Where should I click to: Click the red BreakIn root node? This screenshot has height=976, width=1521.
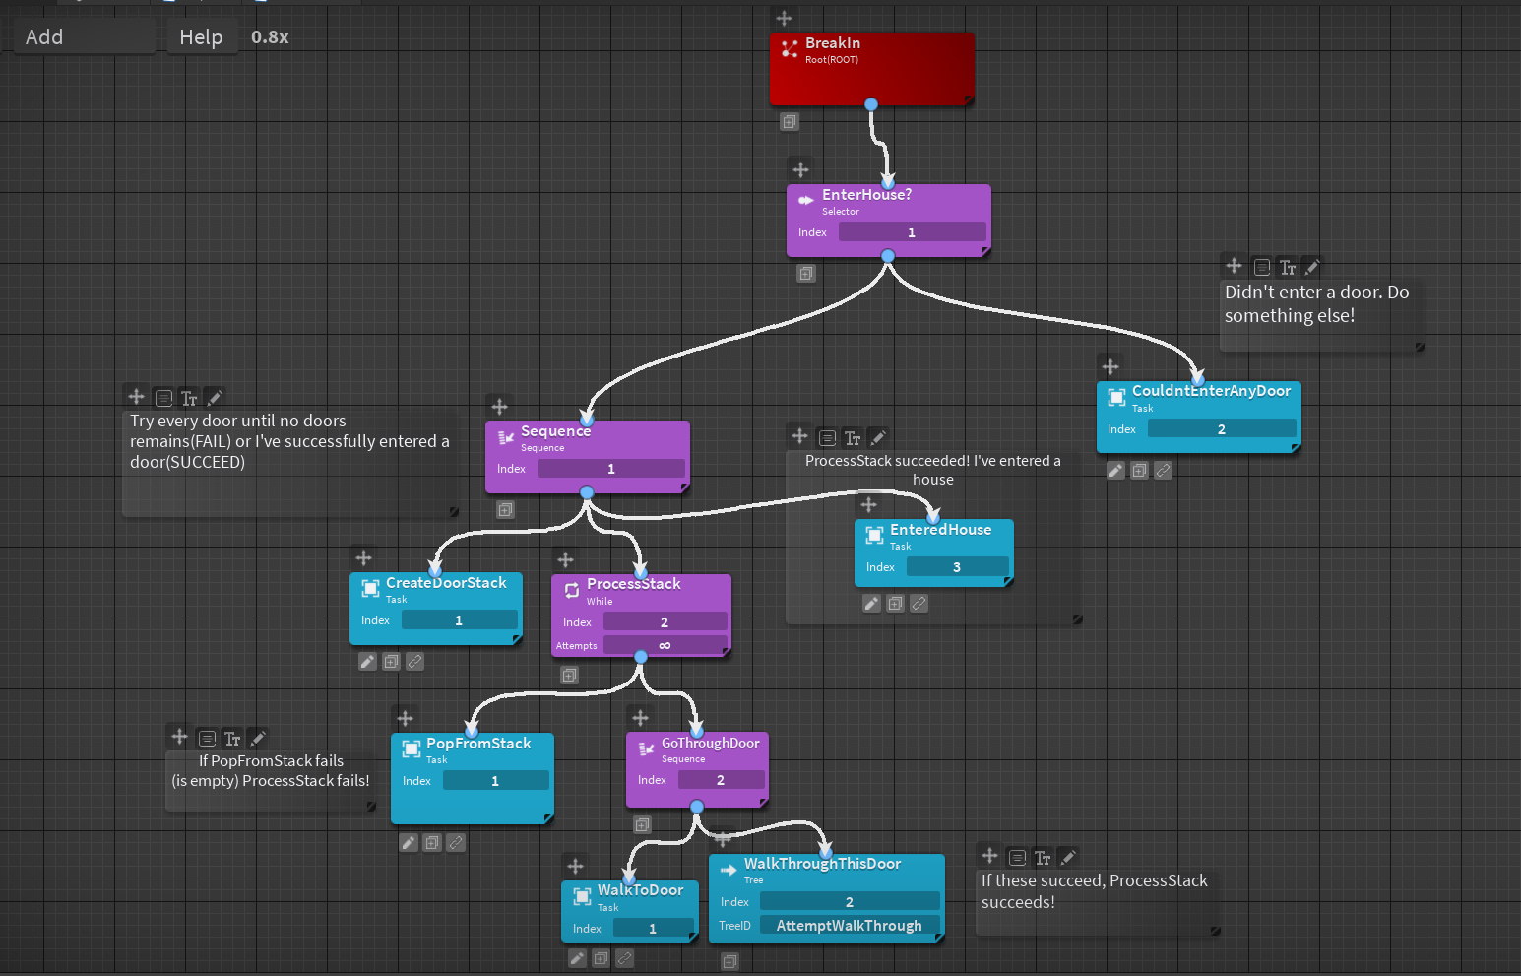tap(871, 69)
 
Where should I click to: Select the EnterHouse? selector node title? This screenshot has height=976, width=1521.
tap(866, 195)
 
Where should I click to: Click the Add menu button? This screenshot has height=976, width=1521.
tap(44, 37)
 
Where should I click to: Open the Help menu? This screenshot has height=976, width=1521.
tap(201, 37)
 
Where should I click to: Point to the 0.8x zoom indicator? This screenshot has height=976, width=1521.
tap(270, 37)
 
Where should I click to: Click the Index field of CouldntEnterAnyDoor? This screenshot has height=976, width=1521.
tap(1221, 429)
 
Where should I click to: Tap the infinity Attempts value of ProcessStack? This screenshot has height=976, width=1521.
tap(665, 646)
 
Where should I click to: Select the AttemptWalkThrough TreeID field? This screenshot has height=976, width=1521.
tap(849, 926)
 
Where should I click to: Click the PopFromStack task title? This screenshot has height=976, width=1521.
tap(478, 744)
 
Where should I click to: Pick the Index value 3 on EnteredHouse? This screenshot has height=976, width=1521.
tap(957, 567)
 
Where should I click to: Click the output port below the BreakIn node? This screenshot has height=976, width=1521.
tap(871, 104)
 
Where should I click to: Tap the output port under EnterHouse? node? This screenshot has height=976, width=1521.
tap(888, 256)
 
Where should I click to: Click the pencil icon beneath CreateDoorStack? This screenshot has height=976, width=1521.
tap(367, 662)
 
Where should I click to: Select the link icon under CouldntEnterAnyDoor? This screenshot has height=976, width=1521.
tap(1163, 471)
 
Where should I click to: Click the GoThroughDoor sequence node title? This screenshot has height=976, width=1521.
tap(710, 744)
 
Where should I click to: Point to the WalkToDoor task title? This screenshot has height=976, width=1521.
tap(640, 890)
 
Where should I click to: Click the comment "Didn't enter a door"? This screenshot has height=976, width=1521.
tap(1316, 304)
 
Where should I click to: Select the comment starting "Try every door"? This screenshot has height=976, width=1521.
tap(289, 441)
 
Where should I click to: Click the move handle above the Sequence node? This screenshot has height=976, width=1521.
tap(500, 407)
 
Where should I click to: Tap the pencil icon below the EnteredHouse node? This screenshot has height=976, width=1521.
tap(871, 604)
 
